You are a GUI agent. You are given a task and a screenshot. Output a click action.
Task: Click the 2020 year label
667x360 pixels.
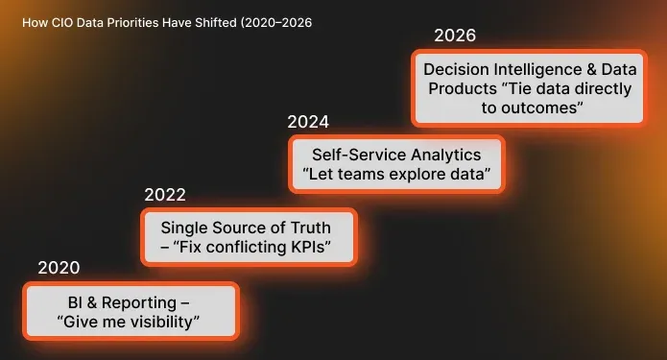[59, 268]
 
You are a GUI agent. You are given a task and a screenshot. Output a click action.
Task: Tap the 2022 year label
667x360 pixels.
[165, 195]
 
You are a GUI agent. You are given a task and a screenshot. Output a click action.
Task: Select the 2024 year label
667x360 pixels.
[308, 122]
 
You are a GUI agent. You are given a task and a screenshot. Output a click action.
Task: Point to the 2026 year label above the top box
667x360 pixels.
[455, 36]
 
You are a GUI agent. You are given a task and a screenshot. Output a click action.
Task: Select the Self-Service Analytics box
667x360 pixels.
[396, 164]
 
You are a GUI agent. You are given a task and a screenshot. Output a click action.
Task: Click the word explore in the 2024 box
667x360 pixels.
[419, 176]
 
